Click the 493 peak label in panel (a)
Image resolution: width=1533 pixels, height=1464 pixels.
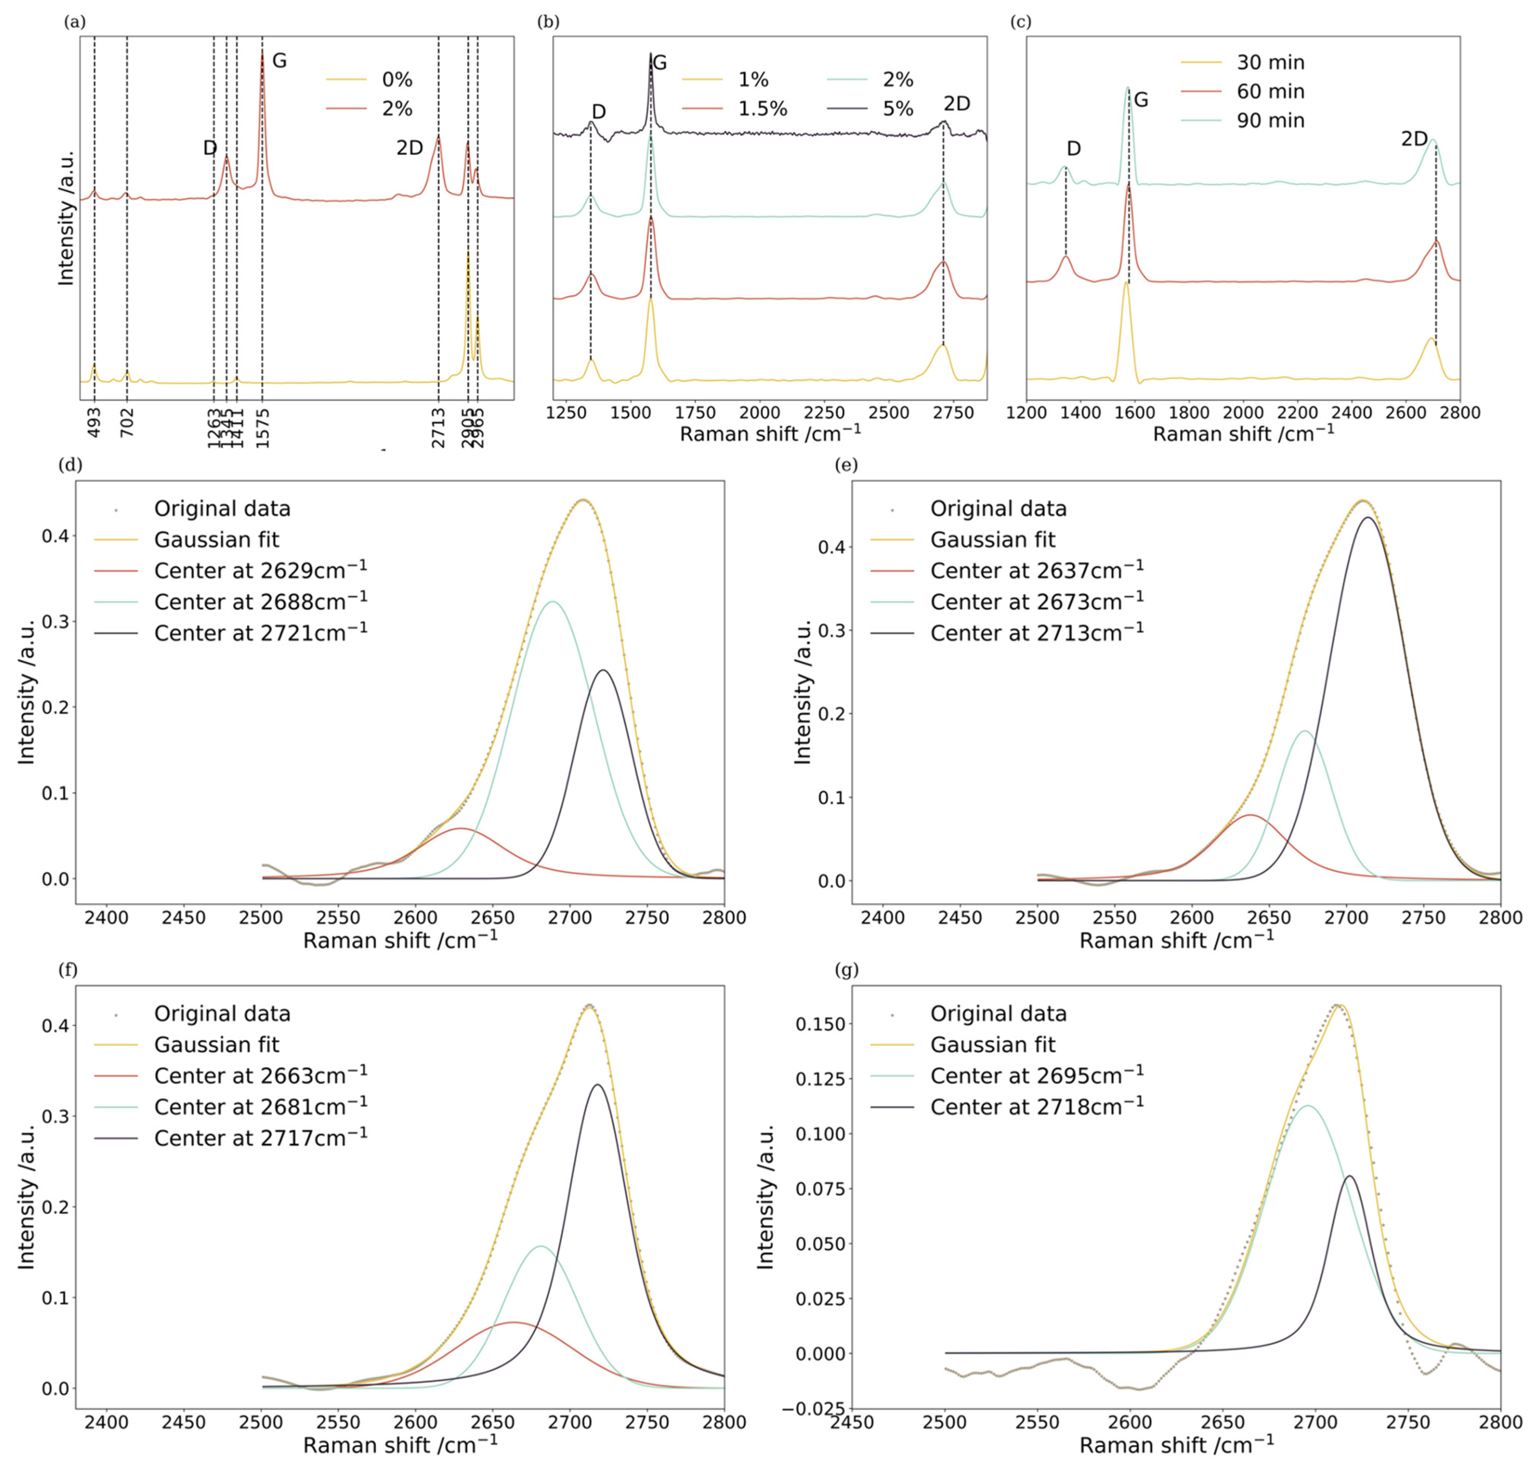(x=94, y=422)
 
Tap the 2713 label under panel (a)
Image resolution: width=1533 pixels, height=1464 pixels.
(x=438, y=427)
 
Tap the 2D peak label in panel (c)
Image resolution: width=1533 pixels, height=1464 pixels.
(x=1414, y=139)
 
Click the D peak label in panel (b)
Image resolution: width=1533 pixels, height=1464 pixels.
(x=598, y=112)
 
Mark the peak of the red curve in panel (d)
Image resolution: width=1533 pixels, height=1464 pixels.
(x=460, y=828)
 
